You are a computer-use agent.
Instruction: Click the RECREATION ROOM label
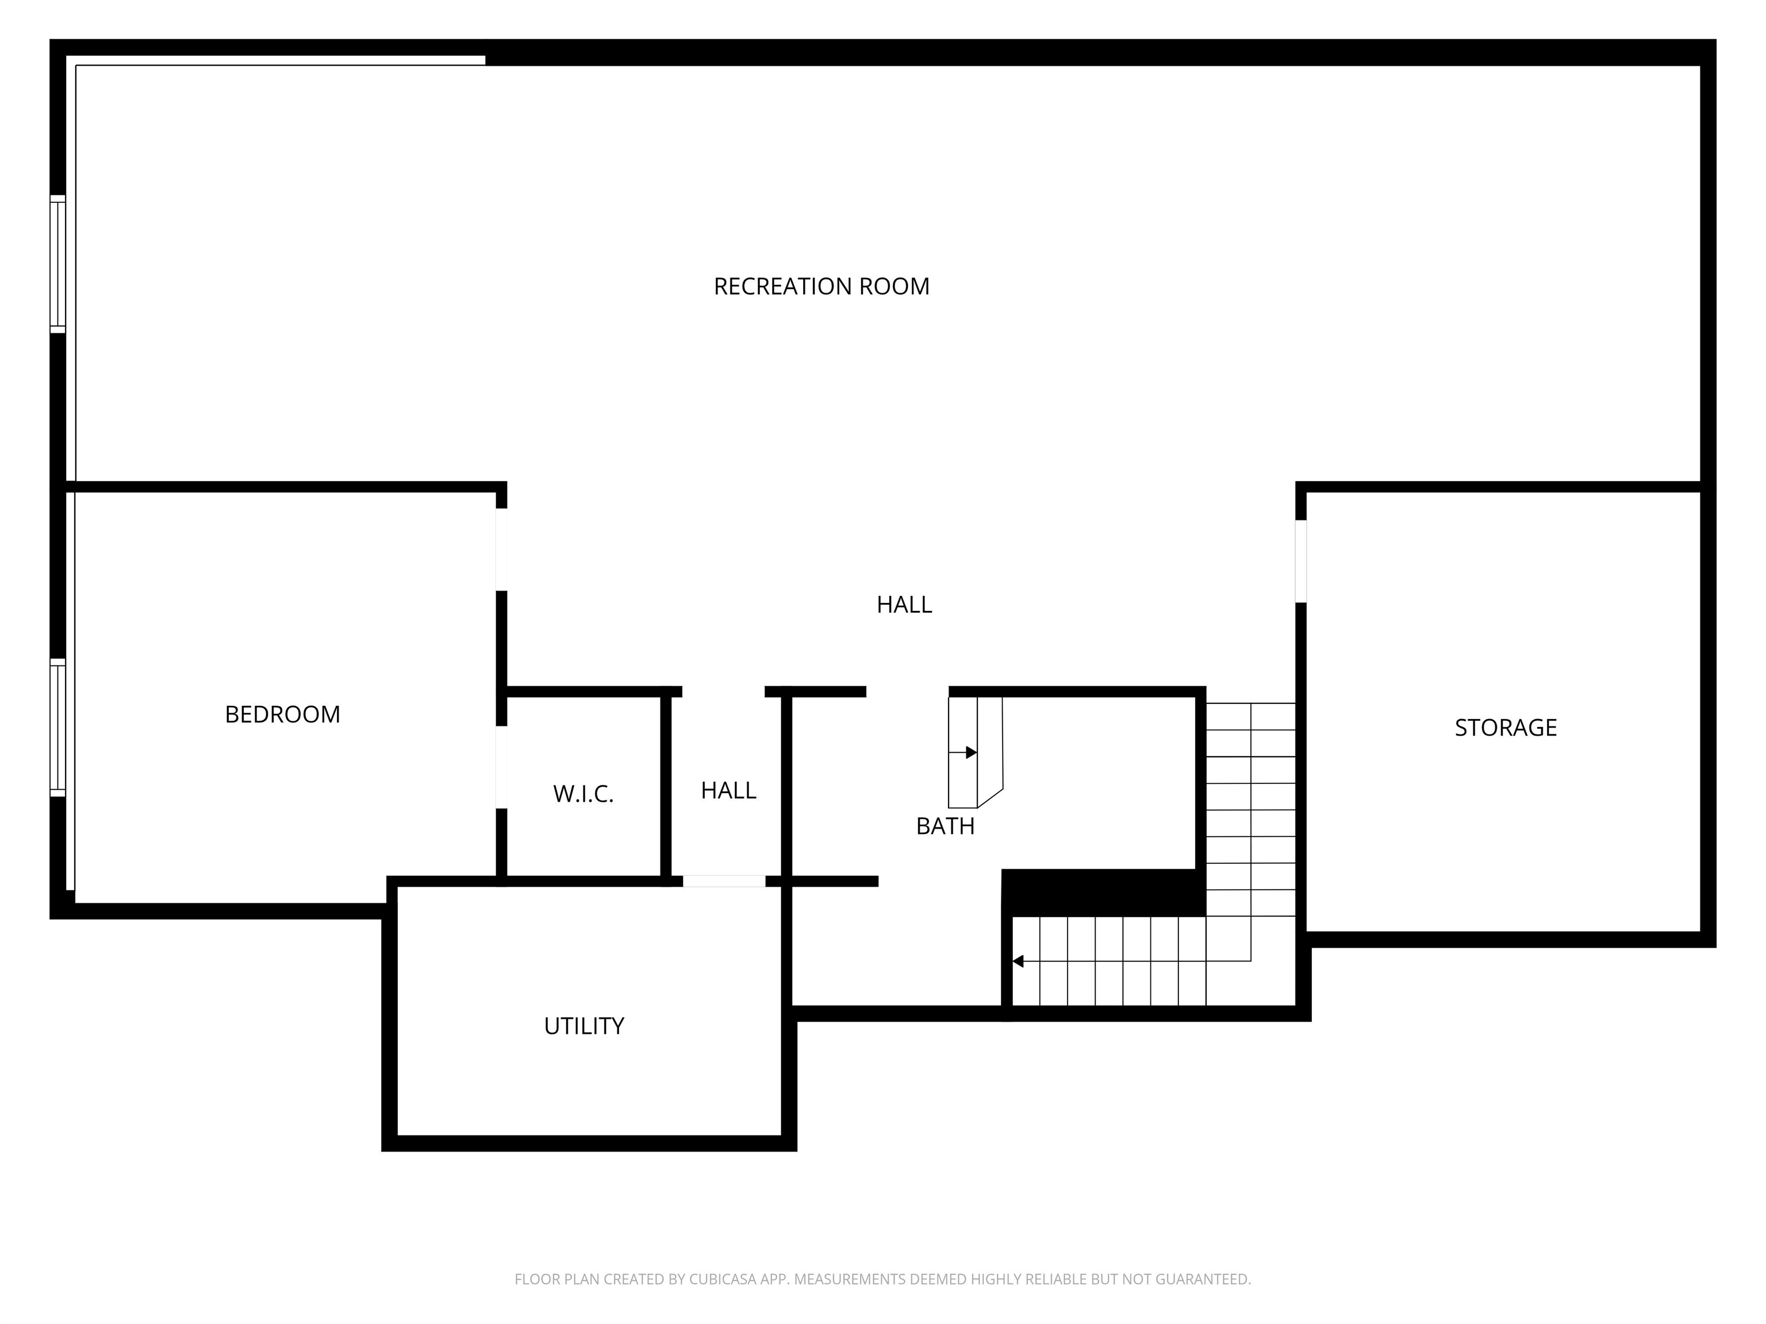[821, 287]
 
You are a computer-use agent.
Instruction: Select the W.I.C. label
[583, 794]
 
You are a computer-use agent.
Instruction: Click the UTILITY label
[583, 1026]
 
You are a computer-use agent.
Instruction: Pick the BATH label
[945, 827]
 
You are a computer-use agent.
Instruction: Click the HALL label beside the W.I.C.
[728, 791]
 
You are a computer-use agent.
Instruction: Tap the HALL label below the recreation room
[904, 605]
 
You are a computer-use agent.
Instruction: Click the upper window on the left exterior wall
[57, 263]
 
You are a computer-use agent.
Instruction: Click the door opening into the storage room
[1300, 561]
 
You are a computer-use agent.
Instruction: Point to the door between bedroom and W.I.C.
[501, 767]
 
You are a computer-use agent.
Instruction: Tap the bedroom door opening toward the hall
[501, 550]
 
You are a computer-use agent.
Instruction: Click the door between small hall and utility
[724, 881]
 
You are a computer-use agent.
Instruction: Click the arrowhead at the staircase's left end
[1018, 961]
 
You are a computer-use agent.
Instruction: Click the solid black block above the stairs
[1103, 893]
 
